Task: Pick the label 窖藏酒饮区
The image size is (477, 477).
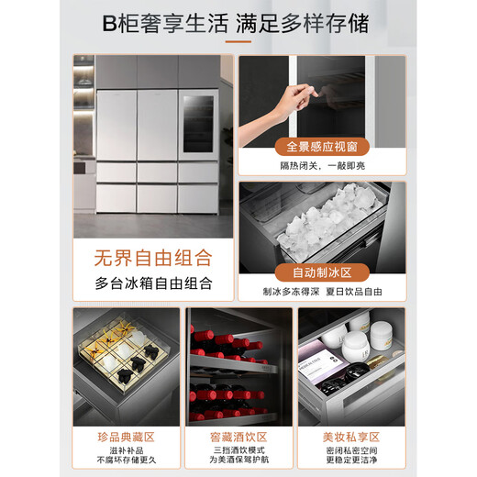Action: [x=238, y=437]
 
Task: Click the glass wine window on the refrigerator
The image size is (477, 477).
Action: [x=198, y=126]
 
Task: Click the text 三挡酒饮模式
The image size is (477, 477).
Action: [x=238, y=454]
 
